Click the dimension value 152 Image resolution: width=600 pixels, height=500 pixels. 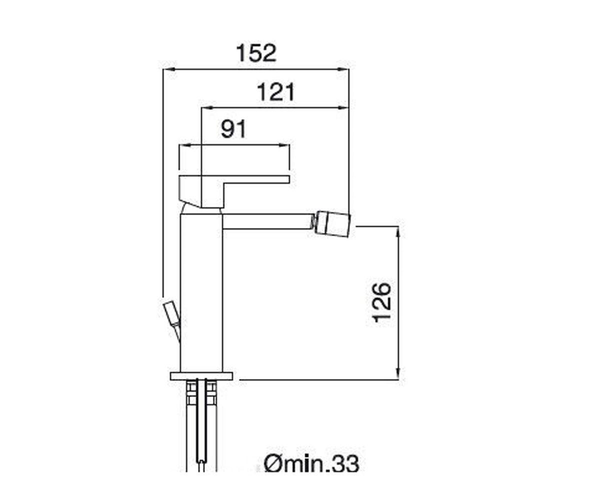[x=256, y=53]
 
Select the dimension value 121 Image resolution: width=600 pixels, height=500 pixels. [x=276, y=92]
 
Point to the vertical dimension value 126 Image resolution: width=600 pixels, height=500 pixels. [x=381, y=302]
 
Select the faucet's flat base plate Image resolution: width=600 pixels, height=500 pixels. [x=201, y=376]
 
